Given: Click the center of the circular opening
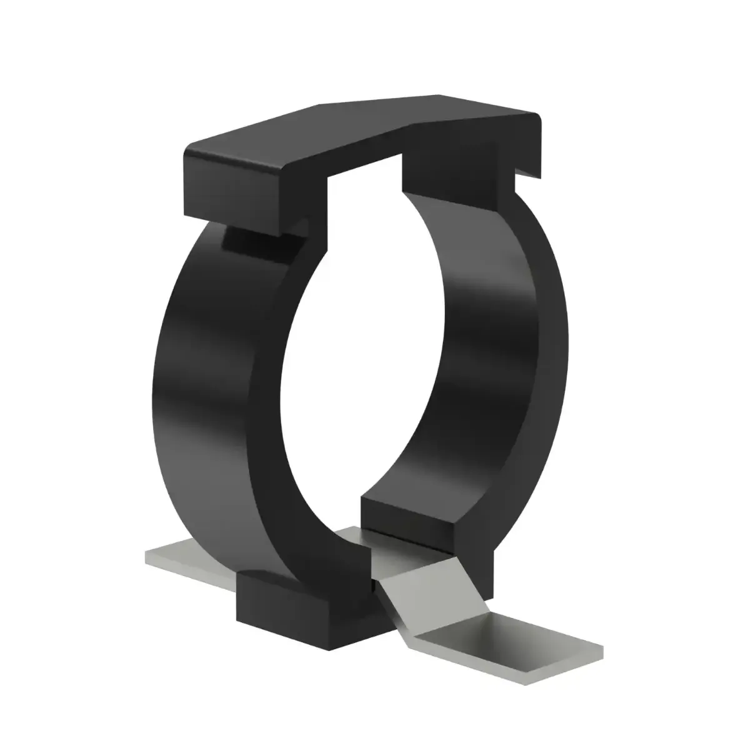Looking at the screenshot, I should click(362, 375).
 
